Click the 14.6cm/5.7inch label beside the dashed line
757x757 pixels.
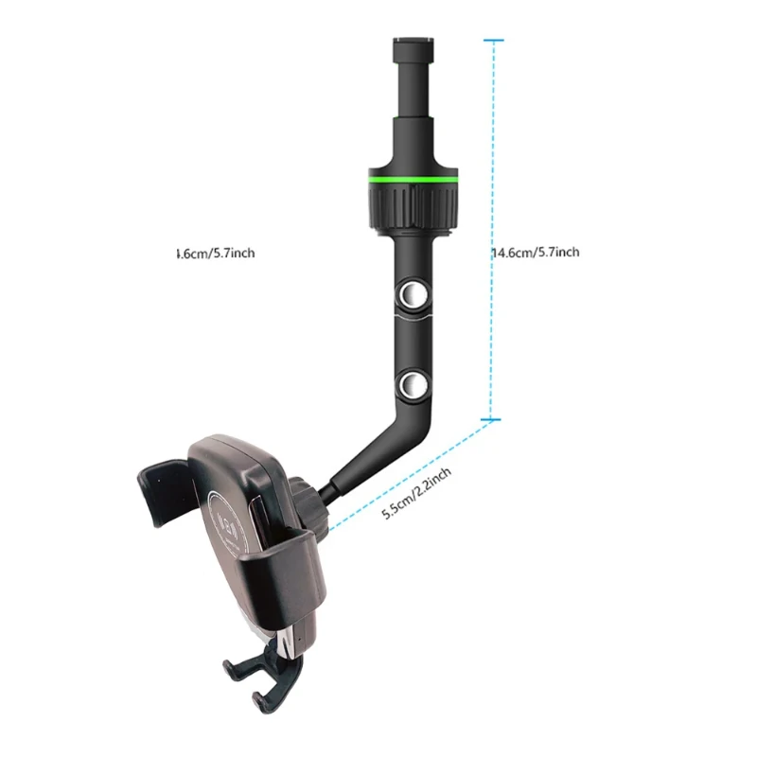point(536,253)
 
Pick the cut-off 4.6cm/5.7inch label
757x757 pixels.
point(215,253)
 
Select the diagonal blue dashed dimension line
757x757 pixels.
point(407,473)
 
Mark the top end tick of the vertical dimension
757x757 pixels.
point(493,41)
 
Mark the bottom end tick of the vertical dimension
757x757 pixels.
point(493,418)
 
